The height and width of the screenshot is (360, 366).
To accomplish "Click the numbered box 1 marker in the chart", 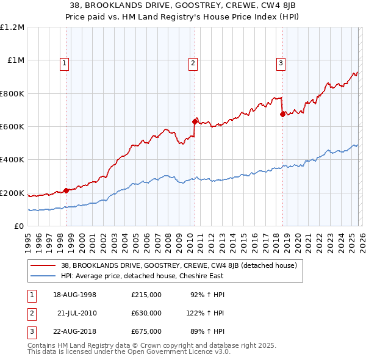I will pos(65,62).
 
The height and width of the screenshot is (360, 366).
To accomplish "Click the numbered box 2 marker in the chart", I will pos(193,62).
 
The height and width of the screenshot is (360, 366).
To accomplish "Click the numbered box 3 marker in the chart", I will pos(281,62).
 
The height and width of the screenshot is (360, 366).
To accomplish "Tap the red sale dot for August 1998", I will pos(66,190).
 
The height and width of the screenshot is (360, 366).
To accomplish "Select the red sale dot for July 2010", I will pos(195,121).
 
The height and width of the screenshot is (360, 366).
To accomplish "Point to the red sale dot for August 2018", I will pos(282,113).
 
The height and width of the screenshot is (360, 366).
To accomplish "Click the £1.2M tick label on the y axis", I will pos(12,27).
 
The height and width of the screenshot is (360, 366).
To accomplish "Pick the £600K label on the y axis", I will pos(12,127).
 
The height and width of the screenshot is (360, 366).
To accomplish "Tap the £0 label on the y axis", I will pos(20,226).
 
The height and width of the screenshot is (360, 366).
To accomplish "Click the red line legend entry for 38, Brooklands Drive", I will pos(179,265).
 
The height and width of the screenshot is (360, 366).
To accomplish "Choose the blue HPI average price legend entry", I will pos(142,276).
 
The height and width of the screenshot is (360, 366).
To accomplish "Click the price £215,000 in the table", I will pos(146,295).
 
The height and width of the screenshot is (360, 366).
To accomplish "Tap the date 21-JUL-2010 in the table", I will pos(77,313).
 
